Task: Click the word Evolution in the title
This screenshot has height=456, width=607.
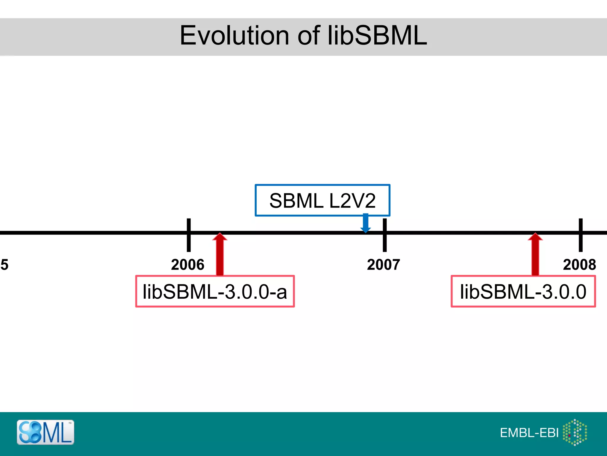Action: [234, 36]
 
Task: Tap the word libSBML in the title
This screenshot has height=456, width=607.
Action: [377, 36]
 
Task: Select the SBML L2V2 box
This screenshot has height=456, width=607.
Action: [322, 200]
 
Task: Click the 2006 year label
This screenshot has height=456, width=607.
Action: [188, 265]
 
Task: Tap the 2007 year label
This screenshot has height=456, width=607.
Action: [384, 265]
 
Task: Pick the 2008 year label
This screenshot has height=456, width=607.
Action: [579, 265]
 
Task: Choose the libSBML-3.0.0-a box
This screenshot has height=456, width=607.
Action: [215, 292]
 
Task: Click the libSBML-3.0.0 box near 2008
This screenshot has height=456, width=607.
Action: [523, 292]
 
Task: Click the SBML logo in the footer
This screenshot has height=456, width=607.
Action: [45, 432]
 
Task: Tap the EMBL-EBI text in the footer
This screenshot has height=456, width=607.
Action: [529, 433]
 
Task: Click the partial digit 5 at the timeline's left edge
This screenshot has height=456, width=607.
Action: [4, 265]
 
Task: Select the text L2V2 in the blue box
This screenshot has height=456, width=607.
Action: [352, 201]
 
